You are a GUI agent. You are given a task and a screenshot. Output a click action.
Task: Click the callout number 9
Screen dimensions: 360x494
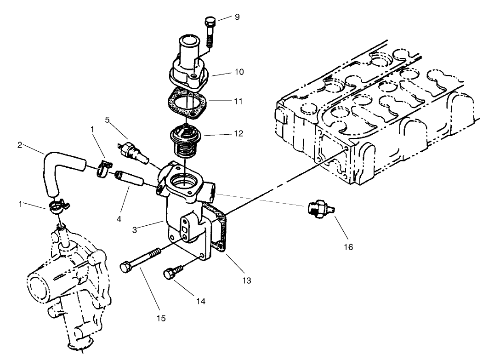click(237, 17)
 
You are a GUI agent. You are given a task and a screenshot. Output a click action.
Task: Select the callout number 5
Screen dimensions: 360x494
click(107, 120)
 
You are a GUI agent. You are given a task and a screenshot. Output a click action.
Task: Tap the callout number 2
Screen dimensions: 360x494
click(20, 145)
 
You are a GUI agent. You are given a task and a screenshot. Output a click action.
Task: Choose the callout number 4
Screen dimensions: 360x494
click(119, 219)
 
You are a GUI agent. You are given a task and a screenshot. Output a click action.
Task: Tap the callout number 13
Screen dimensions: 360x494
click(247, 280)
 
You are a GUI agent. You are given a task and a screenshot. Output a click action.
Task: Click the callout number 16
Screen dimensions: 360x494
click(348, 247)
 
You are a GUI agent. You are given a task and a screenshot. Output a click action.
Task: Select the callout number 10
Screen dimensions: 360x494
click(239, 72)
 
